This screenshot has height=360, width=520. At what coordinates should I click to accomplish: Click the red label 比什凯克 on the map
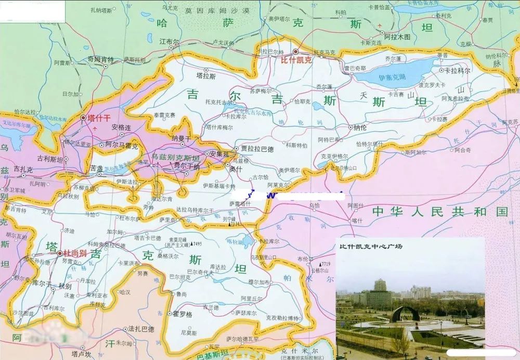click(x=295, y=59)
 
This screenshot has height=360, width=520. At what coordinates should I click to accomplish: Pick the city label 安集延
click(x=216, y=154)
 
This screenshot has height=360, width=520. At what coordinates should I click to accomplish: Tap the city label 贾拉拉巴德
click(x=256, y=148)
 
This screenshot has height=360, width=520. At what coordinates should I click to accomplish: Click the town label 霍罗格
click(x=183, y=314)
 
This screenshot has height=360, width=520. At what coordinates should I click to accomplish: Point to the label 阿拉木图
click(x=397, y=37)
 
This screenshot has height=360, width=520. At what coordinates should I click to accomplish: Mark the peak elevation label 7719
click(x=325, y=264)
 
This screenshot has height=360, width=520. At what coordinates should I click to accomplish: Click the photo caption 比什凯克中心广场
click(x=371, y=246)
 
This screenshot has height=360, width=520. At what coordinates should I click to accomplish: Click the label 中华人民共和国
click(x=439, y=211)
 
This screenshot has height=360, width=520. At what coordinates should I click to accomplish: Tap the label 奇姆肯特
click(x=100, y=59)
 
